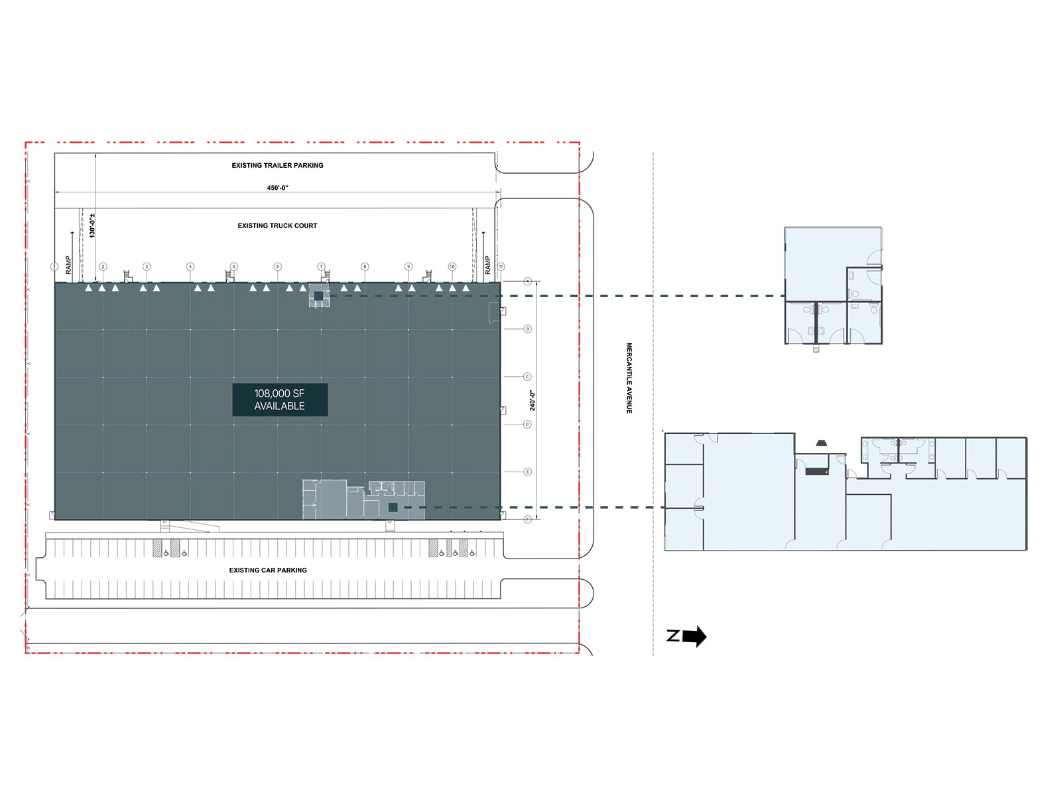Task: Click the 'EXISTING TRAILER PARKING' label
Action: (x=277, y=165)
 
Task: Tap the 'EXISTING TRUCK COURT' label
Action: (x=277, y=226)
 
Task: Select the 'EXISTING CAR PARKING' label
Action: (x=268, y=570)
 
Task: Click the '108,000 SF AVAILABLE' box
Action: (x=280, y=399)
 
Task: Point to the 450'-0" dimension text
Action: (x=277, y=188)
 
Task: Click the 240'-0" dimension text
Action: (x=532, y=400)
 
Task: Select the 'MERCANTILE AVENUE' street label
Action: (x=629, y=378)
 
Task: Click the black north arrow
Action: (x=694, y=637)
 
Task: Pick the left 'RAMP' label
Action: (x=68, y=265)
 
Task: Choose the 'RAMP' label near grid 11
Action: (x=487, y=265)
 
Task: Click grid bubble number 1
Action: (x=55, y=267)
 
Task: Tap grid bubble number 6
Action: (x=277, y=267)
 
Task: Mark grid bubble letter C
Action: (x=528, y=377)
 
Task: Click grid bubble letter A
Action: (x=528, y=281)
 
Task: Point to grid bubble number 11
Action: (x=501, y=267)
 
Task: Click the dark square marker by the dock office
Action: (x=318, y=296)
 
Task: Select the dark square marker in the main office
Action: (x=393, y=507)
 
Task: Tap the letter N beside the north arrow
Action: (x=673, y=636)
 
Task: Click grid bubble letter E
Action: (x=528, y=472)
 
